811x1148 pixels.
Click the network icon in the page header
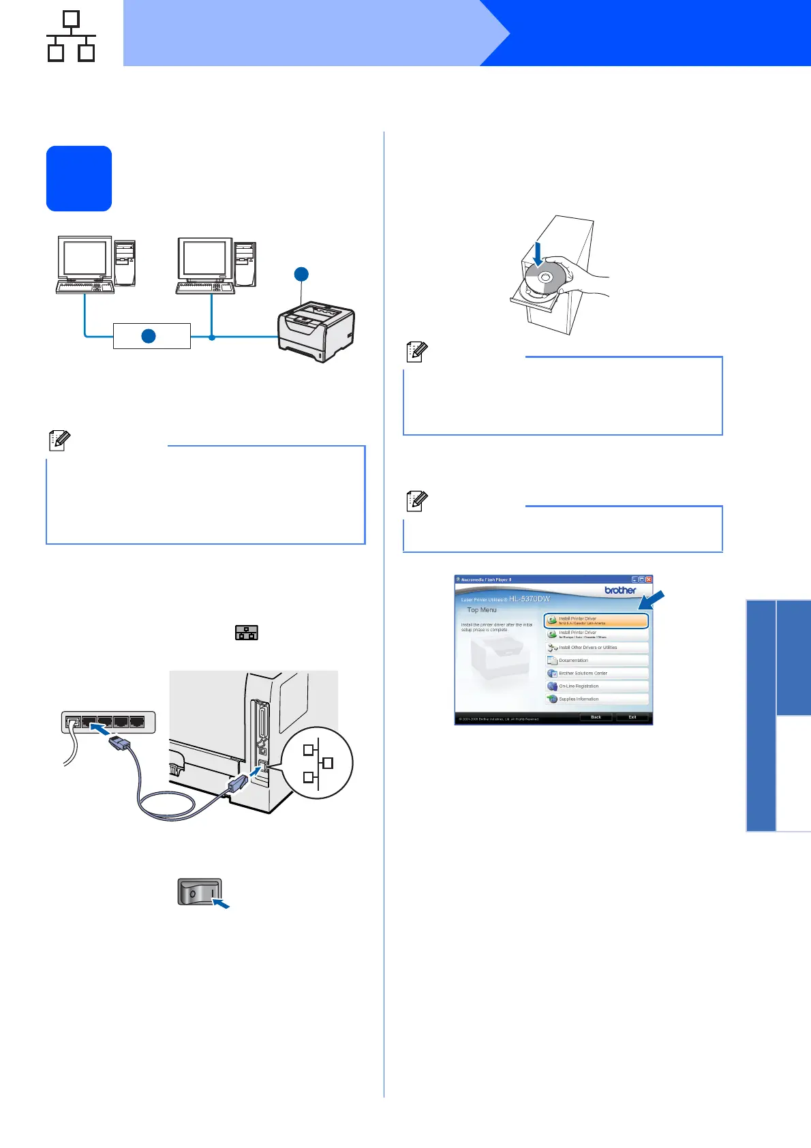pyautogui.click(x=71, y=37)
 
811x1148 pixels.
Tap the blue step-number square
pyautogui.click(x=79, y=179)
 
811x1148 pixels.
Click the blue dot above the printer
pyautogui.click(x=301, y=274)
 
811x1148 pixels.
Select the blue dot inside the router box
pyautogui.click(x=149, y=336)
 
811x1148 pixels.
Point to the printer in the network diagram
pyautogui.click(x=316, y=332)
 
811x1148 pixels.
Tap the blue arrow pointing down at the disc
pyautogui.click(x=538, y=254)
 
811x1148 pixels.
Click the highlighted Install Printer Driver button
pyautogui.click(x=596, y=620)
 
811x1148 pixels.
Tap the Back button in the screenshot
pyautogui.click(x=596, y=717)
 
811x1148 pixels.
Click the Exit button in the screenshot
pyautogui.click(x=632, y=717)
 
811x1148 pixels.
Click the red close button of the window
pyautogui.click(x=649, y=579)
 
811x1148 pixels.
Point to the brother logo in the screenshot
pyautogui.click(x=620, y=590)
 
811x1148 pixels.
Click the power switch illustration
pyautogui.click(x=200, y=892)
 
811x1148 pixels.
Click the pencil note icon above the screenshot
pyautogui.click(x=416, y=502)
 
